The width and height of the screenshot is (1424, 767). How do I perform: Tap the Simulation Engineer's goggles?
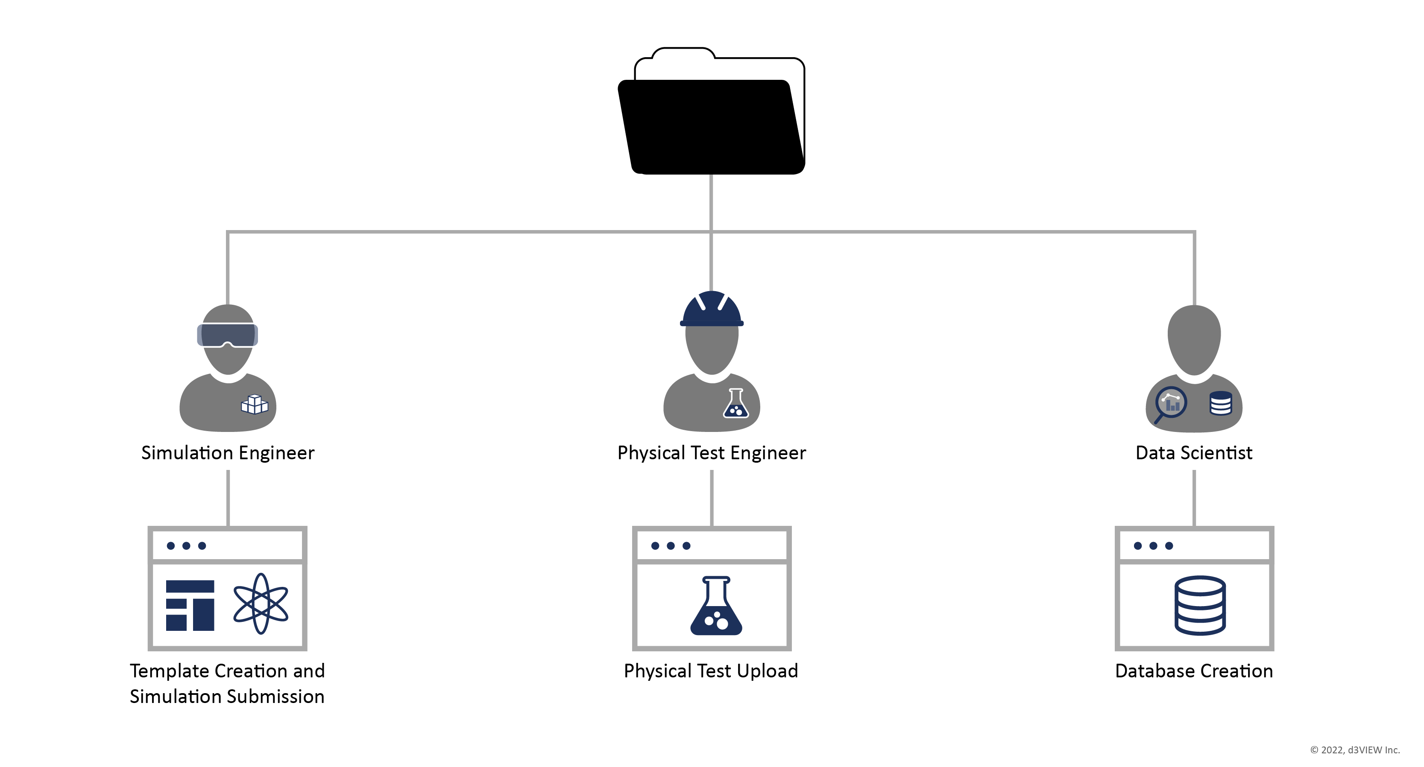click(227, 335)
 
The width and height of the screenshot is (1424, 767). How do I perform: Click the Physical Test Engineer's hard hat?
click(712, 309)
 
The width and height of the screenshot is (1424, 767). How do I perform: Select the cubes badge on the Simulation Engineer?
click(254, 405)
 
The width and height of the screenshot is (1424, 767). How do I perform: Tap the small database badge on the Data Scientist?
click(1221, 403)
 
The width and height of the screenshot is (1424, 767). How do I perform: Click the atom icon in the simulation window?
click(261, 604)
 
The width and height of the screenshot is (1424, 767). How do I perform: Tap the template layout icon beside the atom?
click(190, 605)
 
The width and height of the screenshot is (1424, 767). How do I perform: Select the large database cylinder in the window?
click(1200, 605)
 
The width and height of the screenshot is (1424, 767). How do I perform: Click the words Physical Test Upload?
click(711, 671)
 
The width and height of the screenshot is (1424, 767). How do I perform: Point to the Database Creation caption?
click(1194, 671)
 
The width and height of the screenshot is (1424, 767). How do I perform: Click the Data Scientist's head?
click(1194, 338)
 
